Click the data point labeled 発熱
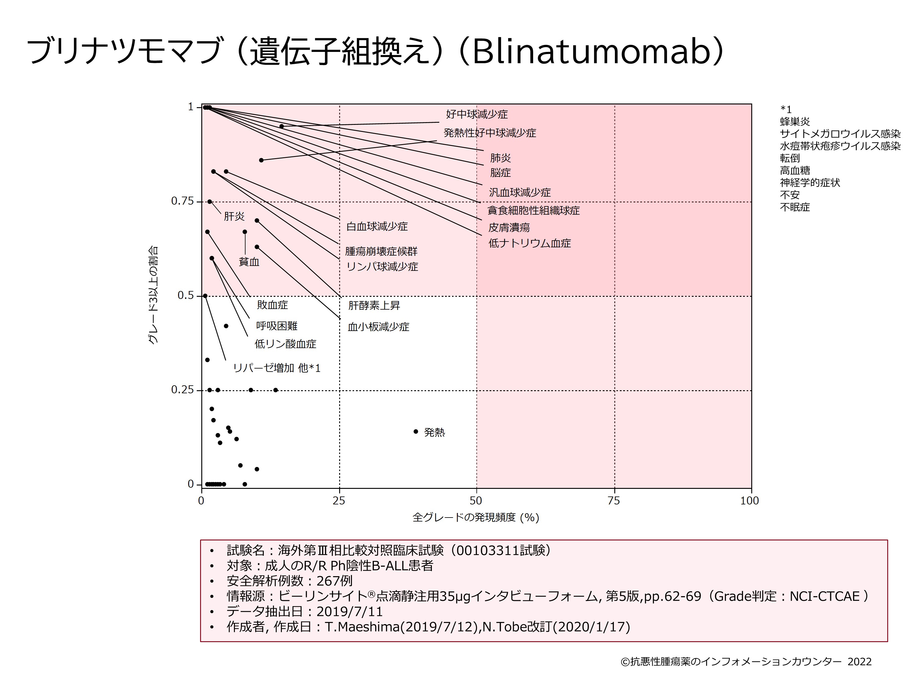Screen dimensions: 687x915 pos(416,431)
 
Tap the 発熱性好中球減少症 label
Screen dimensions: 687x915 pos(490,133)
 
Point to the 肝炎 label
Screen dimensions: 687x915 pos(234,216)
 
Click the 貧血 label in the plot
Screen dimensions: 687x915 pos(249,262)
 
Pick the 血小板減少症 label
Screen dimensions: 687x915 pos(379,327)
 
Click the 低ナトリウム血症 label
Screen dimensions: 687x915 pos(529,243)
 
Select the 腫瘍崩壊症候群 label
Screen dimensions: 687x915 pos(381,251)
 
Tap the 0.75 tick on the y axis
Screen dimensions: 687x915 pos(182,201)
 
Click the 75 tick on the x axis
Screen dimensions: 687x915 pos(614,501)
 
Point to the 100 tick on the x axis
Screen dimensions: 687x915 pos(750,501)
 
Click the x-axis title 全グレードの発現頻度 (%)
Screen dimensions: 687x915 pos(476,518)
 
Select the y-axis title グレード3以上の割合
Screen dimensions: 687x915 pos(153,295)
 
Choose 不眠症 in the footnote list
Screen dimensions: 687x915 pos(795,207)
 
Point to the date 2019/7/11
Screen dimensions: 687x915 pos(350,612)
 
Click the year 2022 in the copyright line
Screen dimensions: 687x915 pos(859,662)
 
